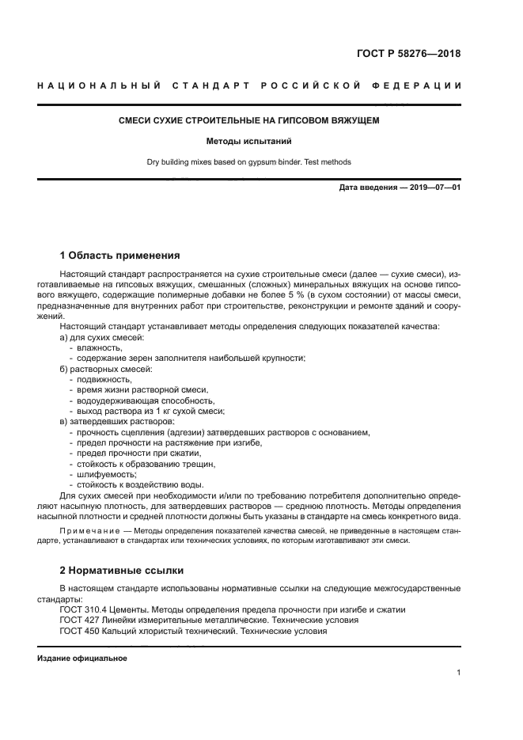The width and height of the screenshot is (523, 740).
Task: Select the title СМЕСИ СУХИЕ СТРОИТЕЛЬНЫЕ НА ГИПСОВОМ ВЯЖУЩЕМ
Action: (x=248, y=121)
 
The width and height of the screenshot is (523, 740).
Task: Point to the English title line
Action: (x=248, y=162)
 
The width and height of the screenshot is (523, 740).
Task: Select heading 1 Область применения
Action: (x=119, y=256)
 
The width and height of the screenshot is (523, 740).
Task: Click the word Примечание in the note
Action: (x=89, y=531)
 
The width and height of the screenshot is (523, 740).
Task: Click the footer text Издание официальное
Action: (x=82, y=658)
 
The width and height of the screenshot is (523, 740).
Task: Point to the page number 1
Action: (x=458, y=673)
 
